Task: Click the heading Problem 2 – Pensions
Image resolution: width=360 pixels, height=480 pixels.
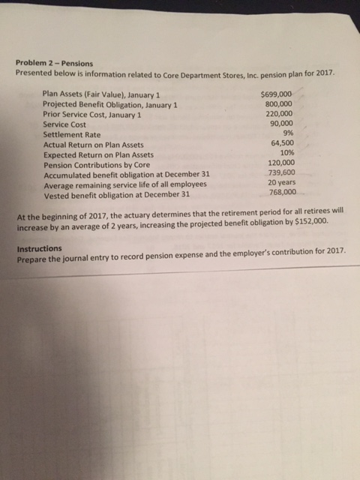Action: click(55, 64)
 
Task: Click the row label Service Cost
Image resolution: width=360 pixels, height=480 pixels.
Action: click(64, 124)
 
